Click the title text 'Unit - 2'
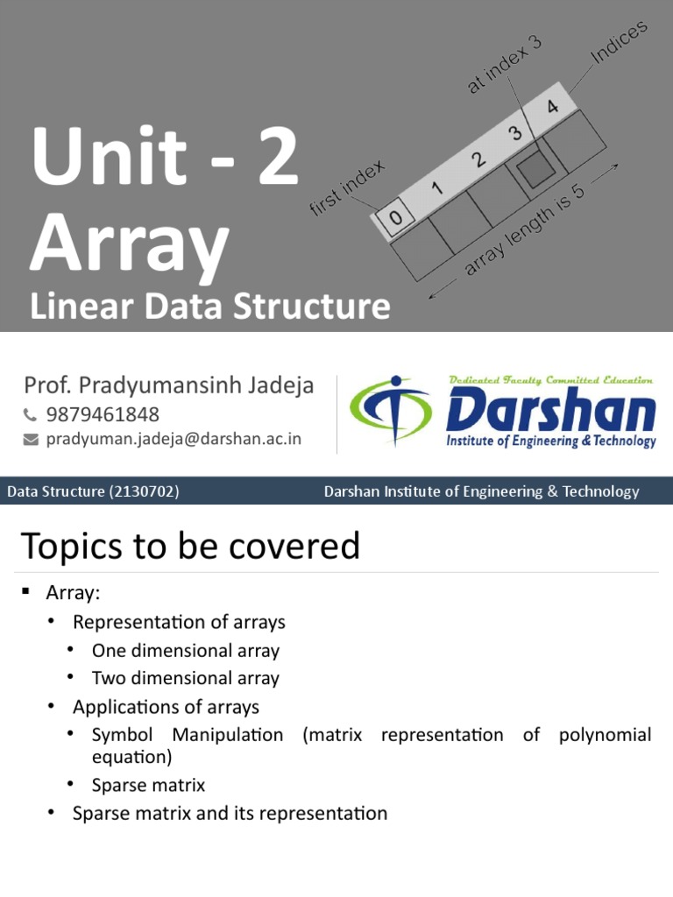(163, 159)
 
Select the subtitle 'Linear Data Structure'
(209, 307)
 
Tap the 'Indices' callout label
(619, 43)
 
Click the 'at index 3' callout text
(505, 66)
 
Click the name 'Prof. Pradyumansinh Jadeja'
(168, 385)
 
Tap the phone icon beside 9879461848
(31, 414)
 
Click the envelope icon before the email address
(31, 439)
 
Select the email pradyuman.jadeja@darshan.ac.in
(174, 439)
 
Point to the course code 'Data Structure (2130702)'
(93, 491)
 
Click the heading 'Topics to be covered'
(190, 546)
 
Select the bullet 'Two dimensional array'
(185, 678)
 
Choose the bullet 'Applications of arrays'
(166, 706)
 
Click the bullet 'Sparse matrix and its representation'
(230, 813)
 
